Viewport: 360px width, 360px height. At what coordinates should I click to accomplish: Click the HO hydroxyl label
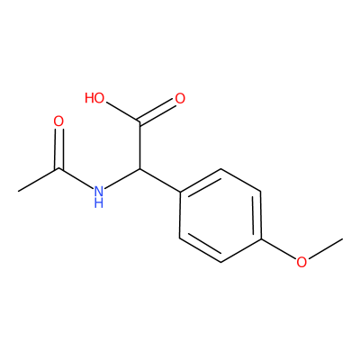94,98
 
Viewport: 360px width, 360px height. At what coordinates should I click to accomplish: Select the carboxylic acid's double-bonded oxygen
180,98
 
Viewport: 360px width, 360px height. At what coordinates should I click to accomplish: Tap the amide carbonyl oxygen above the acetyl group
58,121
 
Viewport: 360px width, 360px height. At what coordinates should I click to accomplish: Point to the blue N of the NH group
98,191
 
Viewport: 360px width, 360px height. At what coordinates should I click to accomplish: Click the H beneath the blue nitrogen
98,202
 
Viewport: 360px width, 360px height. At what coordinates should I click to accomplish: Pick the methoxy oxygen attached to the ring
301,262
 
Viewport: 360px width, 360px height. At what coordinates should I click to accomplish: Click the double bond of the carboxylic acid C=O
157,112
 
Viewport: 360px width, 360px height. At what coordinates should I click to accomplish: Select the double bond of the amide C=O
58,149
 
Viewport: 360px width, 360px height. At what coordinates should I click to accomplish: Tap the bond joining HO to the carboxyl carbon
123,113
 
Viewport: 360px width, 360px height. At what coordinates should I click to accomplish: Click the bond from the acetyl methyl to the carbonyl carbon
39,180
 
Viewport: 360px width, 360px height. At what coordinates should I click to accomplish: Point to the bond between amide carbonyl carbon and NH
76,178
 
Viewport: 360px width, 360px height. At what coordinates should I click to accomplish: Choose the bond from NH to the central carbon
122,178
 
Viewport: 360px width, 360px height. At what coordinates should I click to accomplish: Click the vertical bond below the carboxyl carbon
140,145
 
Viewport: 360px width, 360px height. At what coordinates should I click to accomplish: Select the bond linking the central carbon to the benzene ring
160,180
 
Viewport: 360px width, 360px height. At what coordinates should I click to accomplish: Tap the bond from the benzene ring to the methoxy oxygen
279,248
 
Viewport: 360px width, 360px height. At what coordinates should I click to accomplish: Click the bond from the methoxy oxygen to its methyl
325,248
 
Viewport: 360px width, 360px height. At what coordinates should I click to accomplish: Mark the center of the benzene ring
220,215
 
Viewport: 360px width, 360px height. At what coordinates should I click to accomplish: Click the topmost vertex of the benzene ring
220,169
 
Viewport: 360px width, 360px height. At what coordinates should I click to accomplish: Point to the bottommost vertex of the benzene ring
220,262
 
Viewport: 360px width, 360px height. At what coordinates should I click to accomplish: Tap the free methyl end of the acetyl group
18,192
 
